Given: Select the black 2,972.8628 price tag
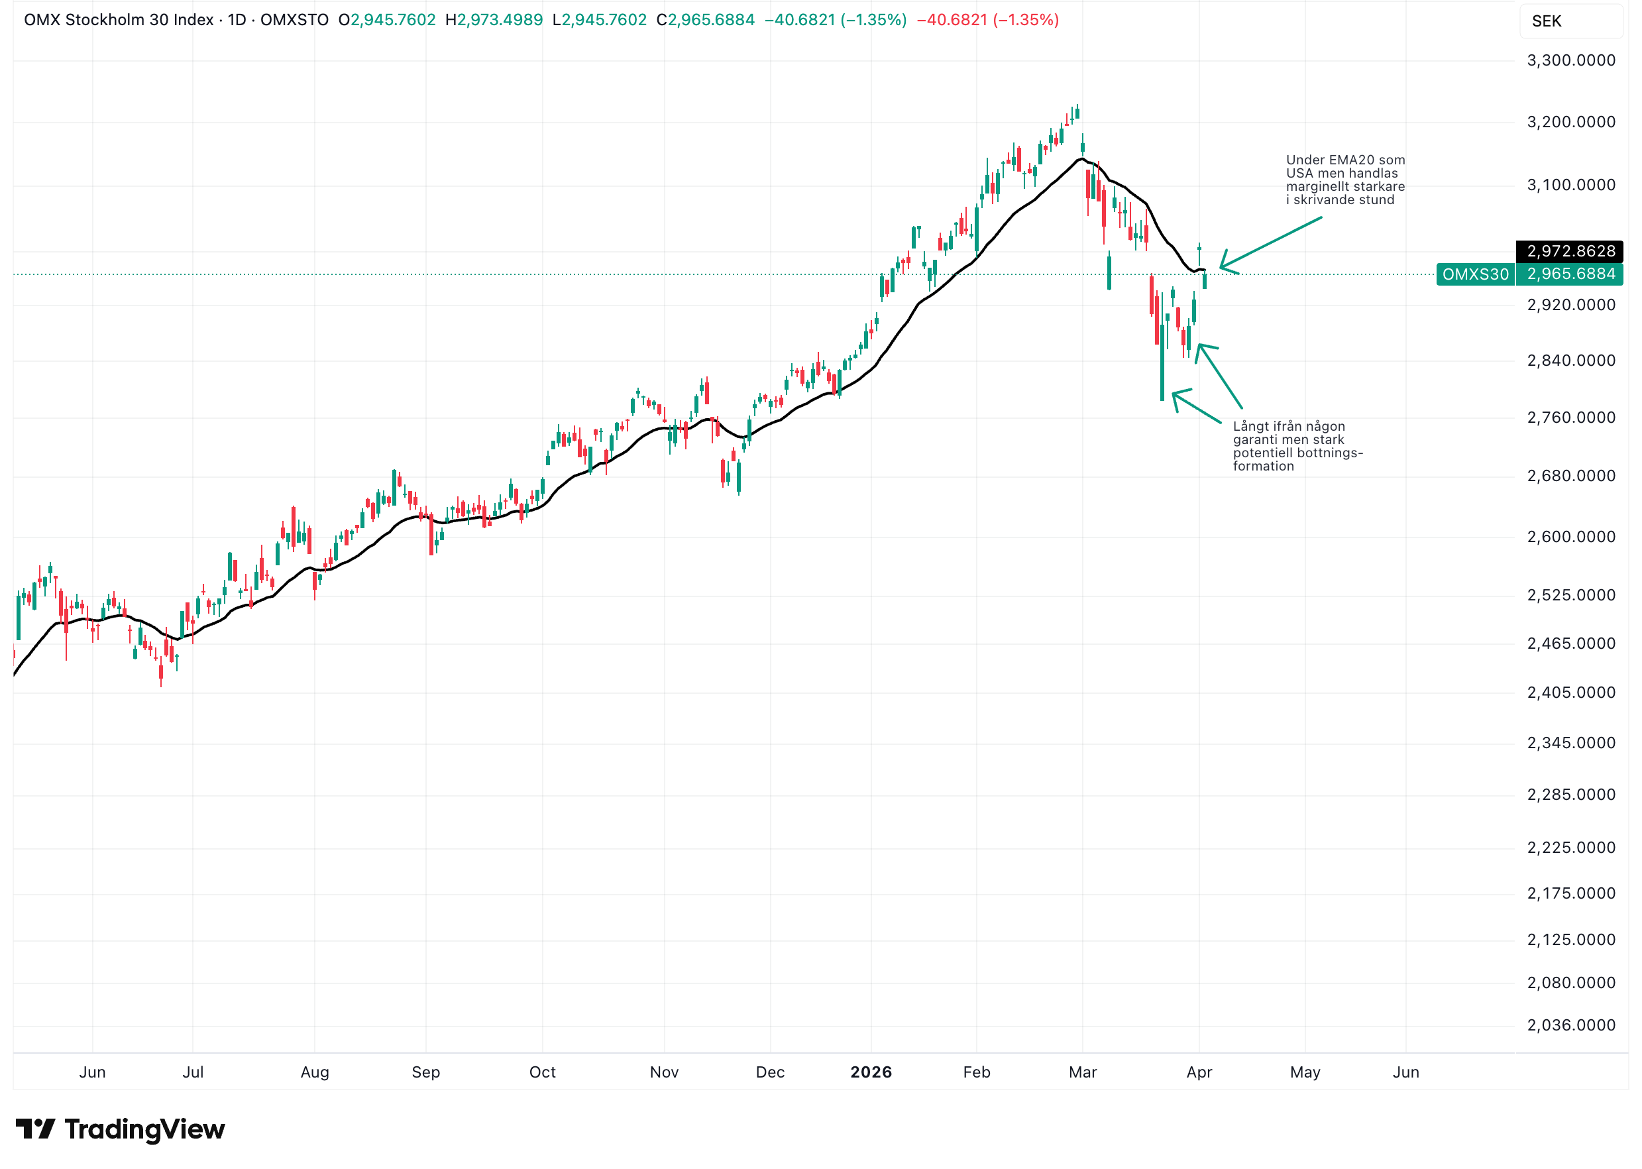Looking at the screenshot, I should (1570, 251).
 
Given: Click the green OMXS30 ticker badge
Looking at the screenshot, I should (1475, 274).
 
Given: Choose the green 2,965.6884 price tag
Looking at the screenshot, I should (1570, 274).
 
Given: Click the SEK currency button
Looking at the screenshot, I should (1547, 21).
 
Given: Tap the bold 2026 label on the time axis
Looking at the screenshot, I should (871, 1072).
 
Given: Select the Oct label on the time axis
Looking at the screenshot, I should (542, 1072).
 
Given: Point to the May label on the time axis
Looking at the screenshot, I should (1305, 1072).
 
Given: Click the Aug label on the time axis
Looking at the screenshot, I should (315, 1072).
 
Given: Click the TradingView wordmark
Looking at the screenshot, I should (144, 1129).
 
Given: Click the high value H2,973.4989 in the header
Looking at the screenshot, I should (494, 20).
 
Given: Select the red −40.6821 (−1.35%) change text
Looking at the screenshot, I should (987, 20).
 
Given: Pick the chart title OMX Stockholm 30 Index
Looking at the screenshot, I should (119, 20).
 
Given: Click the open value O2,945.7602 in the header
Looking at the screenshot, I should (387, 20).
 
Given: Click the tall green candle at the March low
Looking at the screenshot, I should (1162, 360).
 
